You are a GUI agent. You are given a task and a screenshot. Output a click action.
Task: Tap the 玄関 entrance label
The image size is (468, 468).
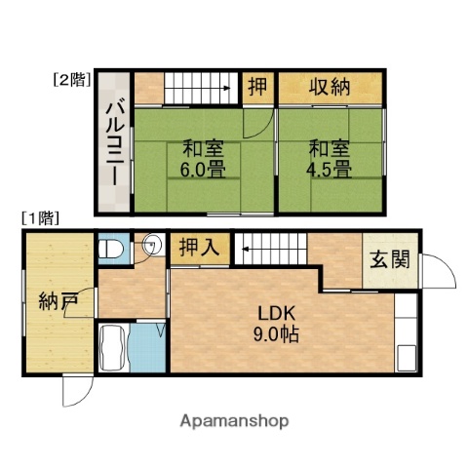[387, 260]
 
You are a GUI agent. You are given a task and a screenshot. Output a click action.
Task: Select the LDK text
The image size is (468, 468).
[276, 313]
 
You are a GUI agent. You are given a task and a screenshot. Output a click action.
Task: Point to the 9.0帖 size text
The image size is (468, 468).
[277, 332]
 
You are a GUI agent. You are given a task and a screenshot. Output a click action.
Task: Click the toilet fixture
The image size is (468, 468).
[110, 249]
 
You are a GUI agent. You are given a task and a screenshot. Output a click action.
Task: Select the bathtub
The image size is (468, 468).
[116, 346]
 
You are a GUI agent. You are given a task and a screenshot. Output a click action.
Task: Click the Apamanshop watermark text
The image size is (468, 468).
[234, 420]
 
